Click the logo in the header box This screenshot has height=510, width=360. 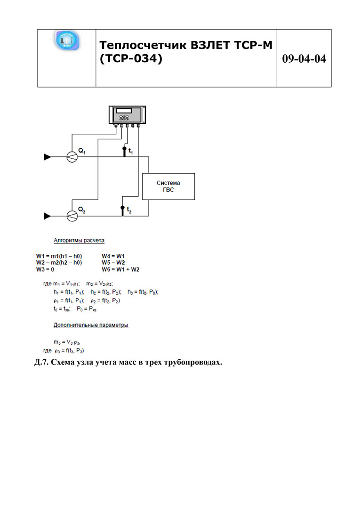tap(67, 41)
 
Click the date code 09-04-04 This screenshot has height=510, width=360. tap(304, 59)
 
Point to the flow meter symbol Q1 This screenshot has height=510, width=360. tap(72, 157)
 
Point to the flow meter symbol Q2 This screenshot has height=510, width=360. tap(72, 216)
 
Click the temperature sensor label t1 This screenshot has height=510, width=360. tap(130, 152)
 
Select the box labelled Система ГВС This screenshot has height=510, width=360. tap(168, 186)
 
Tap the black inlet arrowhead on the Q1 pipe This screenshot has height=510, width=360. tap(47, 157)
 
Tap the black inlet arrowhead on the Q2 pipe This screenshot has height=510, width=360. tap(47, 216)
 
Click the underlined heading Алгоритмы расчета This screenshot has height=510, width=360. tap(79, 241)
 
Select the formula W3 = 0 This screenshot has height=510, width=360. tap(45, 269)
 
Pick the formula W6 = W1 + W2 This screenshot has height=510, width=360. tap(120, 269)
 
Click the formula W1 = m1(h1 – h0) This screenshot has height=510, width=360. tap(59, 256)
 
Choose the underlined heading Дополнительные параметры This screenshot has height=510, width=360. tap(91, 325)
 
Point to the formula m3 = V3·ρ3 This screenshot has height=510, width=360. tap(70, 343)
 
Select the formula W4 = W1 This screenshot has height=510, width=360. tap(113, 256)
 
